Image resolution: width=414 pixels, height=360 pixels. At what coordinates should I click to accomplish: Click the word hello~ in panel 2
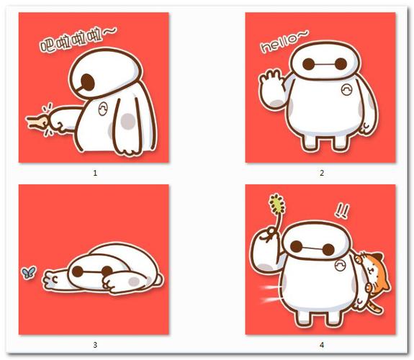[284, 42]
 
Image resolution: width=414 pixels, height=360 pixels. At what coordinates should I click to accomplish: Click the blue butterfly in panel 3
[29, 273]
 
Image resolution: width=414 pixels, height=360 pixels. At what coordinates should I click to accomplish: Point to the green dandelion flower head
[277, 204]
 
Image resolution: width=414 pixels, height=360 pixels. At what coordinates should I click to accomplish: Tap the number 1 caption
[95, 173]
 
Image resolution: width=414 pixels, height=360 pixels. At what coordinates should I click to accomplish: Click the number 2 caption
[322, 173]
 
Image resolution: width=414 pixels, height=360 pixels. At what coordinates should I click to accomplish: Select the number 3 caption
[95, 345]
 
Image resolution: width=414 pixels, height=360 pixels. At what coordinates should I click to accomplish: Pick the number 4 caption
[322, 345]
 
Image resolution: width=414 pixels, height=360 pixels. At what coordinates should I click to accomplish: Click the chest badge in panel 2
[346, 90]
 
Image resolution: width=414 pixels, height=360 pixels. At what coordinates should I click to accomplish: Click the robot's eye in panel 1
[88, 82]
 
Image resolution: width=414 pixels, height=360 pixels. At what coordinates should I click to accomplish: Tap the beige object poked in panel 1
[37, 122]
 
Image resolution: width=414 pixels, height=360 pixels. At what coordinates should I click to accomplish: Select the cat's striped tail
[374, 307]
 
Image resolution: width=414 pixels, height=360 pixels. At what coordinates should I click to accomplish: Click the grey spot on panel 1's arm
[128, 121]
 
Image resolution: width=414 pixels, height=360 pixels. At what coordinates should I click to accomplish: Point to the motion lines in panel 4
[270, 293]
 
